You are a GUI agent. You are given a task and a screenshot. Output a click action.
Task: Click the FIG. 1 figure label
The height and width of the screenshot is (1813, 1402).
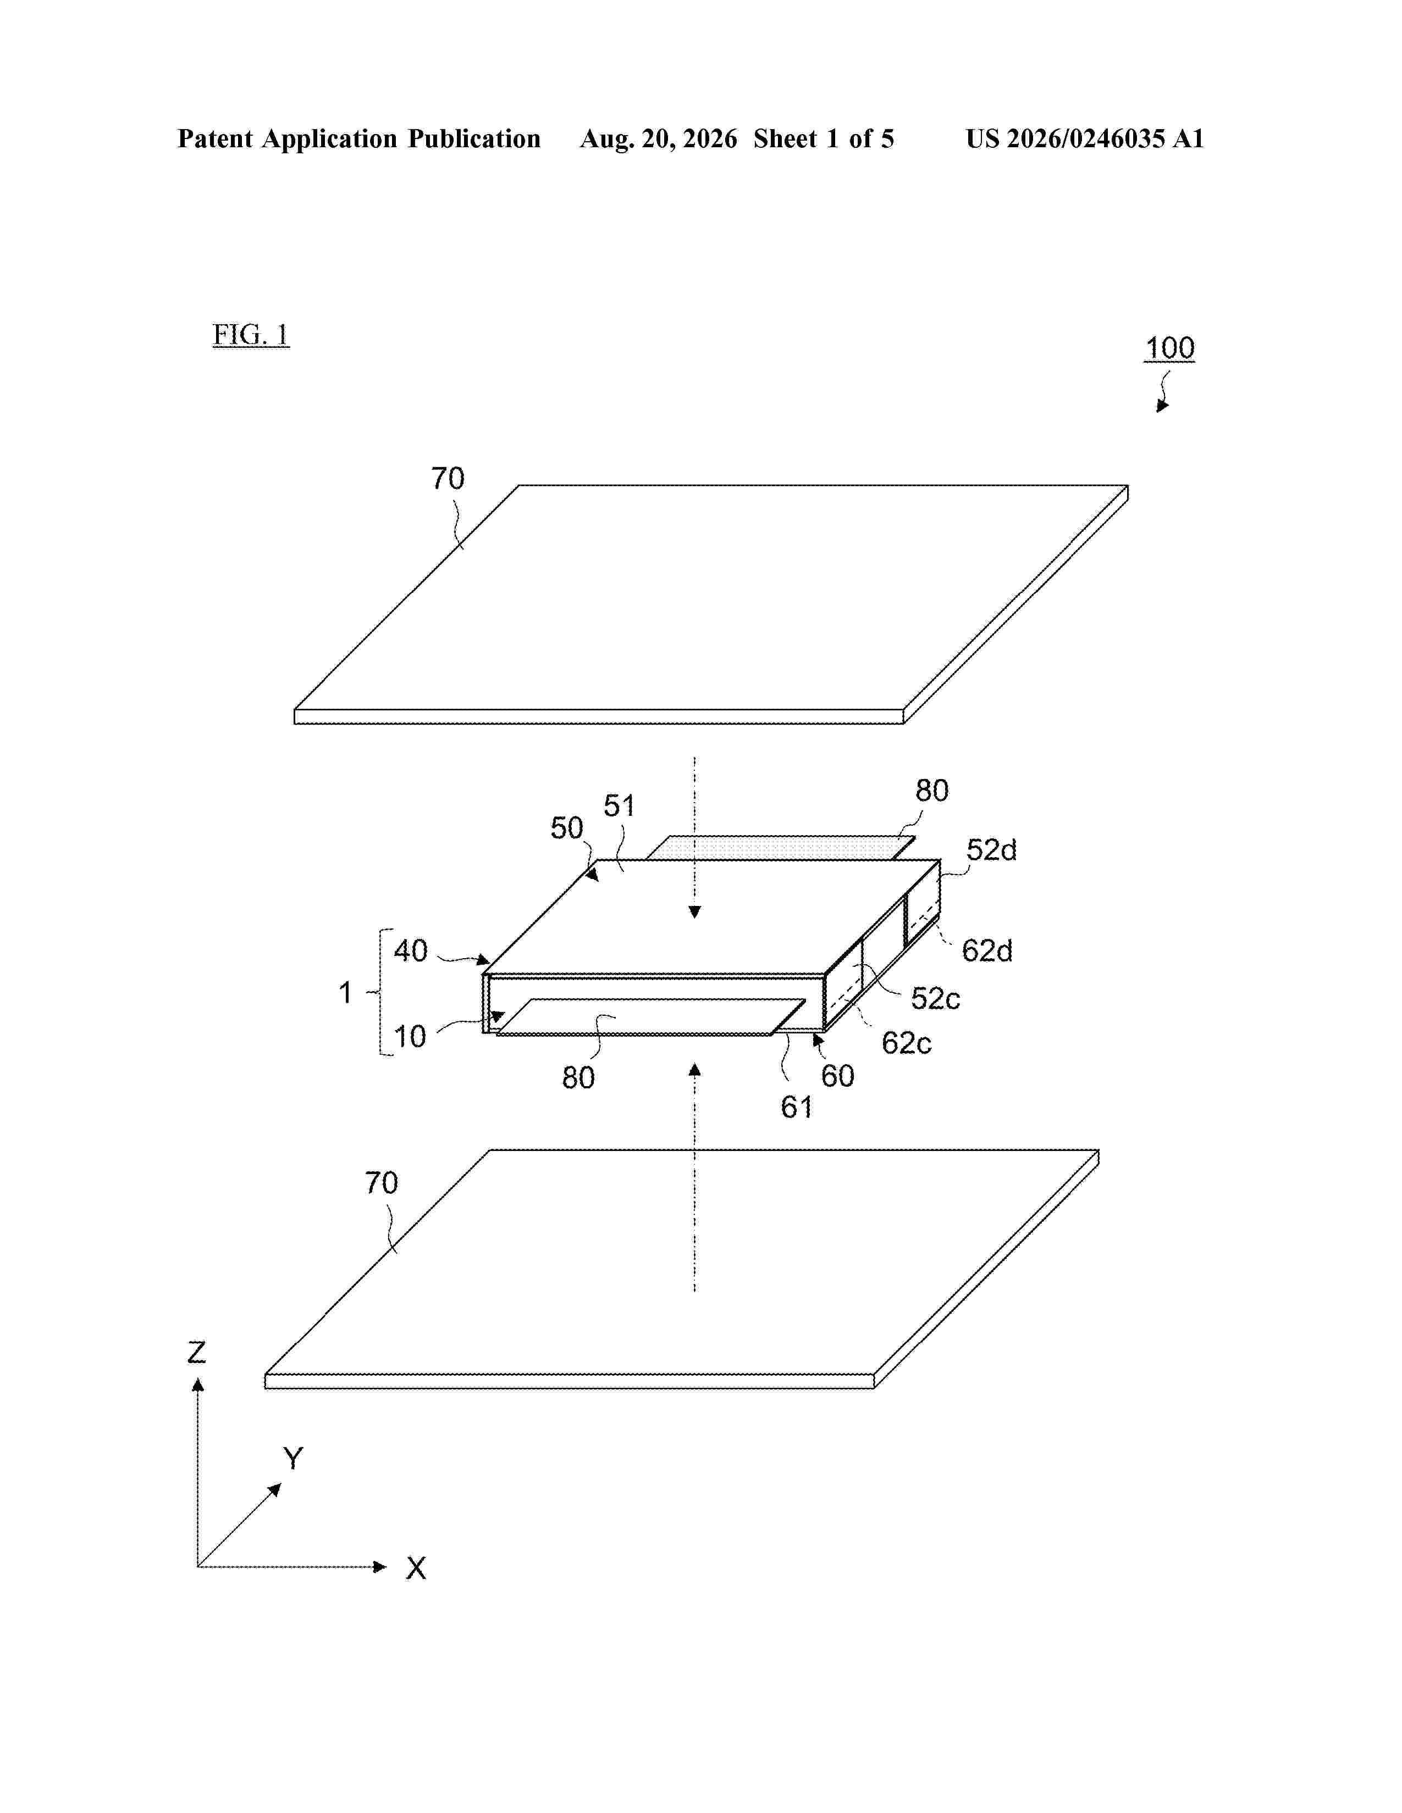tap(251, 335)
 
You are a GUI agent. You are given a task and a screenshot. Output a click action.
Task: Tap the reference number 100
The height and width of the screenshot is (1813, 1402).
tap(1169, 348)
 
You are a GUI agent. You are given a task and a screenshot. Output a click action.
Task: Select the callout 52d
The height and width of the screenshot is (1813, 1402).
tap(991, 850)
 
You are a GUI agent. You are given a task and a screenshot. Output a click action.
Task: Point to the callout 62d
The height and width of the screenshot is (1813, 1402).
tap(987, 950)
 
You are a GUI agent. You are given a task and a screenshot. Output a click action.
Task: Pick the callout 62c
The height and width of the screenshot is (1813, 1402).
tap(906, 1043)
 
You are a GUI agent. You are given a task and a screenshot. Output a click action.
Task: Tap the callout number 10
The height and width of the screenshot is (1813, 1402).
tap(410, 1037)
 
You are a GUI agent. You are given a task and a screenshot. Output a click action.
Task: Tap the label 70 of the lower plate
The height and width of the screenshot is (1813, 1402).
tap(381, 1183)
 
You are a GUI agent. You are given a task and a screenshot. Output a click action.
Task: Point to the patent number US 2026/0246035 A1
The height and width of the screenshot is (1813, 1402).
tap(1085, 138)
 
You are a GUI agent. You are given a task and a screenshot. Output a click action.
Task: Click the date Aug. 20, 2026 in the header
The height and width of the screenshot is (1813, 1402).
tap(658, 138)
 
